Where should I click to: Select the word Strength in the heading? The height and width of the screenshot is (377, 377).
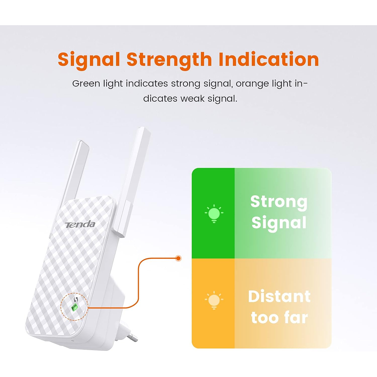point(169,60)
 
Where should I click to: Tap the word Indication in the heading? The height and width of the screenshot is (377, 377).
point(269,59)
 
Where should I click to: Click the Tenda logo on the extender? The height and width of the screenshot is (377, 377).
point(80,224)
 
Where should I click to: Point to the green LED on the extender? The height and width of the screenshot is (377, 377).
point(74,308)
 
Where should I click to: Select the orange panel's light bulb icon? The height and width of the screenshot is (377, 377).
point(214,300)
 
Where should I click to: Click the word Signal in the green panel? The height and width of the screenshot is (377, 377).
point(279,223)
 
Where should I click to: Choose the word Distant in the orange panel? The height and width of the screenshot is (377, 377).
point(279,297)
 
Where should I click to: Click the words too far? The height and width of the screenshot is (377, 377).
point(279,318)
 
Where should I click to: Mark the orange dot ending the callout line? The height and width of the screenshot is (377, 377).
point(179,259)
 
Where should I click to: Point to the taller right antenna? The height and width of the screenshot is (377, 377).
point(135,175)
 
